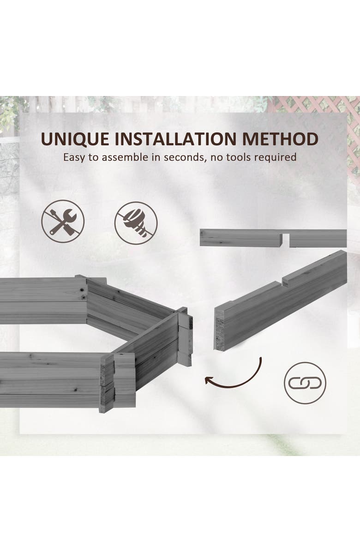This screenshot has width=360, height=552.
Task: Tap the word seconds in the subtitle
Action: point(180,157)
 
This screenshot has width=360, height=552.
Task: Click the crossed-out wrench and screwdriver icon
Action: point(63,221)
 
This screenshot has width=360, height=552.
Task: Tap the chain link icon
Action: point(305,383)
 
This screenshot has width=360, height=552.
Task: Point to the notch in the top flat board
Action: point(286,239)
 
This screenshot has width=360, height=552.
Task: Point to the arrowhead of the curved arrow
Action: point(209,380)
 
